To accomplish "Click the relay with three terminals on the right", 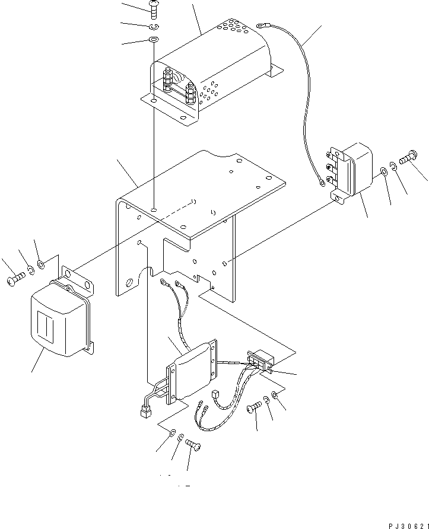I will coord(353,169).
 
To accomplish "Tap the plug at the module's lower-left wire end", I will coord(144,412).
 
